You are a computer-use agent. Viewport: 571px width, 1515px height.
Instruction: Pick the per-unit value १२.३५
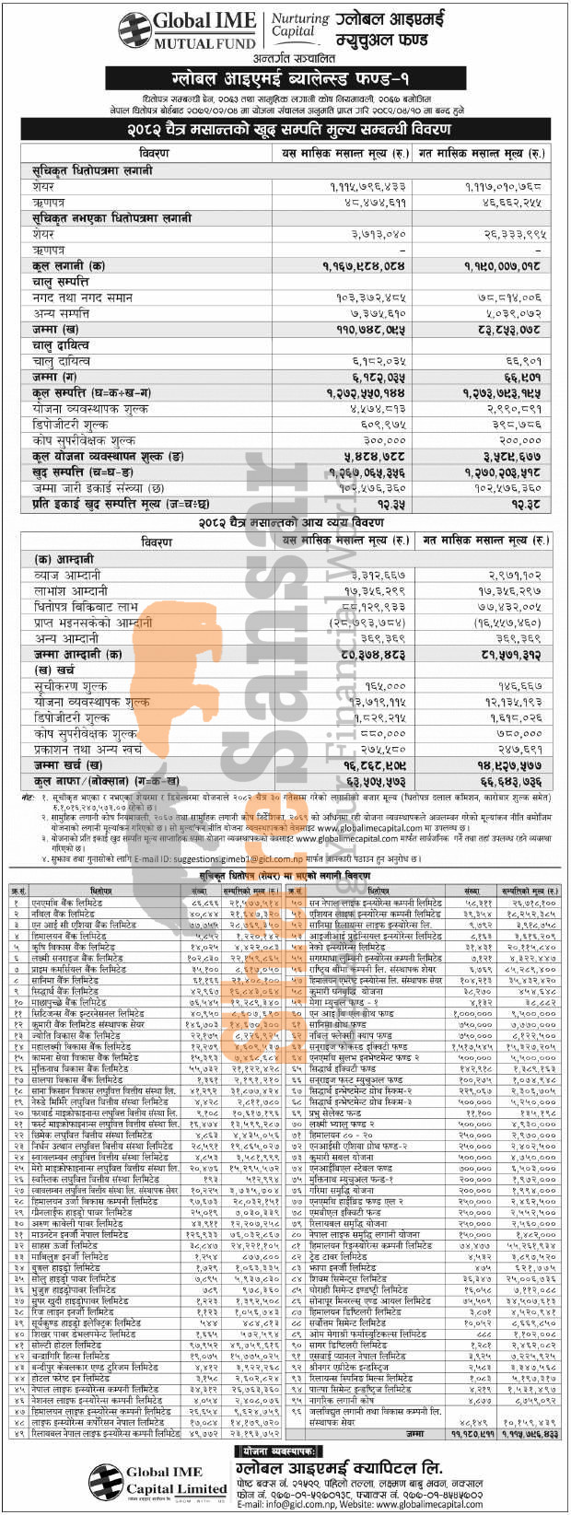tap(377, 505)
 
